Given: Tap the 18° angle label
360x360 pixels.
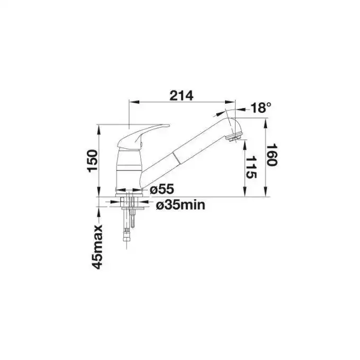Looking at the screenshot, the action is (x=261, y=107).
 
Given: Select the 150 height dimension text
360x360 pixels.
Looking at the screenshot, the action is (x=93, y=161).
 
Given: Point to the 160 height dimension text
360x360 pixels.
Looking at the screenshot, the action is (x=272, y=155).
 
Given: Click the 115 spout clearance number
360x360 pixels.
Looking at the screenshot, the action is (x=251, y=167).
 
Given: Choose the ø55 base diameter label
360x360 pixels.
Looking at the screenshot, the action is (x=162, y=190).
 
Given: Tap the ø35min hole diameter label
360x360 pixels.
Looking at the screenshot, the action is (x=181, y=205).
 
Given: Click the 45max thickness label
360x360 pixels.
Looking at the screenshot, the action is (x=97, y=247).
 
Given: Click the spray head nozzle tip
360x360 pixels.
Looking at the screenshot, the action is (x=233, y=138).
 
